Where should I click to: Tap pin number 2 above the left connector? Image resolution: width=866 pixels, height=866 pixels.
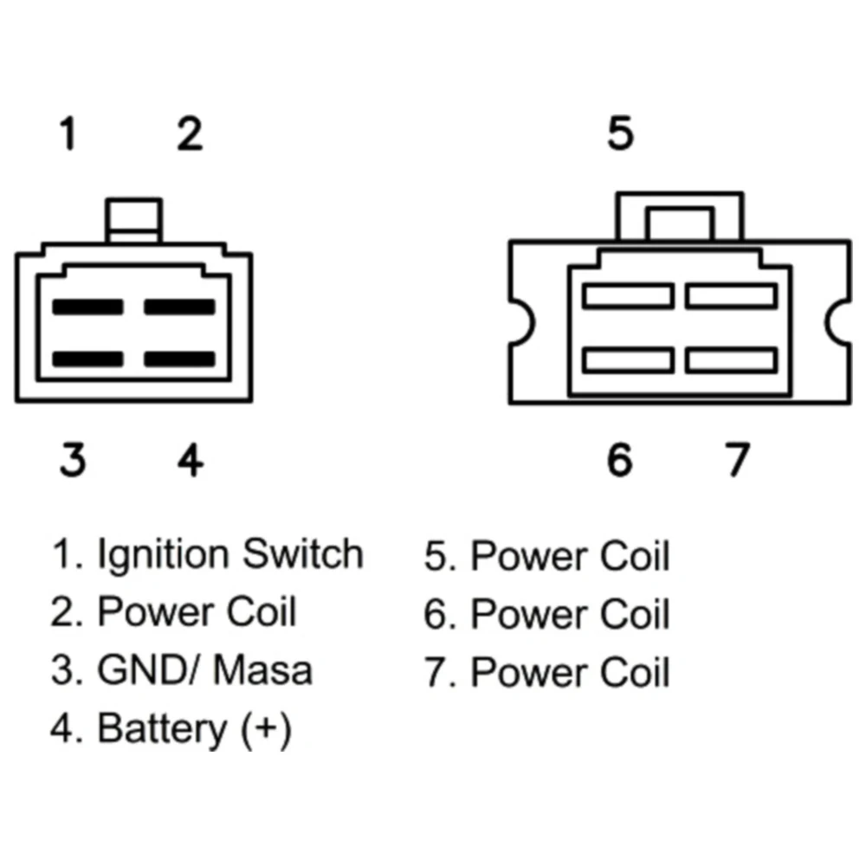189,135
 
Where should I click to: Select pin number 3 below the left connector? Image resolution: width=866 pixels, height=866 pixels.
73,460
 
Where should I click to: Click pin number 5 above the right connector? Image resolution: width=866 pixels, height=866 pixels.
620,134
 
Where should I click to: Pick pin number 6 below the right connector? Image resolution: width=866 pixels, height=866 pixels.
619,460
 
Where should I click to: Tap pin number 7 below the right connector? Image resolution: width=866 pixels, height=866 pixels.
735,460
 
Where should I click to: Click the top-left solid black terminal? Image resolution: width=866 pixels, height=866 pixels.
87,307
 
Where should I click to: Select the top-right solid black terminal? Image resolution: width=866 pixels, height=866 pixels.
178,307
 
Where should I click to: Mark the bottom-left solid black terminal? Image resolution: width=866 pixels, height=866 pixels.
87,358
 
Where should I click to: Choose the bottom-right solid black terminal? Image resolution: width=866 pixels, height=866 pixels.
178,358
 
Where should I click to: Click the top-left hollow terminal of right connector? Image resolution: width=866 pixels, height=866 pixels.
628,296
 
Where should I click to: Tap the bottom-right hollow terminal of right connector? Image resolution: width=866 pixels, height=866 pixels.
731,359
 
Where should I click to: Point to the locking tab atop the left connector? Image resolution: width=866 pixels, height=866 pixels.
133,221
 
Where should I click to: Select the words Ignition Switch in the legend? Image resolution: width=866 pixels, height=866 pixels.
229,554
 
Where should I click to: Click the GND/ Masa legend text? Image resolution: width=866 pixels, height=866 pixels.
205,670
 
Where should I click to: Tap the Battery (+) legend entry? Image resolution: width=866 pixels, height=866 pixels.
194,729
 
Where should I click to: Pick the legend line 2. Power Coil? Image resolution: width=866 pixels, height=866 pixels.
173,612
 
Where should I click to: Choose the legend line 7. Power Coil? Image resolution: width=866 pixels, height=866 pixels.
547,673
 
